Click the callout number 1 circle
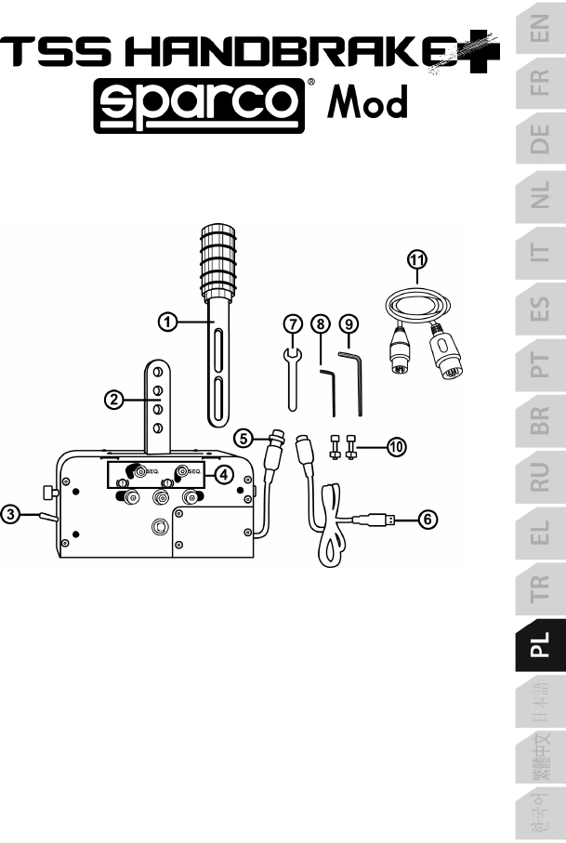tap(167, 322)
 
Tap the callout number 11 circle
tap(417, 259)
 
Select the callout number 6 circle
tap(428, 520)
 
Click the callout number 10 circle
tap(396, 447)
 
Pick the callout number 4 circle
tap(224, 474)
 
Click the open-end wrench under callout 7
tap(292, 379)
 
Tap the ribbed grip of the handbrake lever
tap(218, 262)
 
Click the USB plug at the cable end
tap(382, 520)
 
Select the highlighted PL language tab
tap(540, 645)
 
